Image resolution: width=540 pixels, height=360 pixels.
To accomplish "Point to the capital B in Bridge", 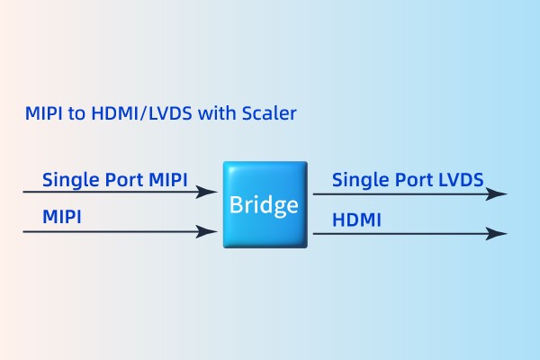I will [x=237, y=205].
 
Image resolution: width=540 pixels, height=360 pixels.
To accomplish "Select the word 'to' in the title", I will [x=75, y=114].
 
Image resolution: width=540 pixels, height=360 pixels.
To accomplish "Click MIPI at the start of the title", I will [x=44, y=114].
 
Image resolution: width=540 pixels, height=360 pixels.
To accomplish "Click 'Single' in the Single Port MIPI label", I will [x=67, y=179].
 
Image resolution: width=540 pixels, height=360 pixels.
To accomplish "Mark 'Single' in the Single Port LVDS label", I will [x=357, y=179].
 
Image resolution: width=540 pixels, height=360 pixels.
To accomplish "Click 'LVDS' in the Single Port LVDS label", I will [x=460, y=179].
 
